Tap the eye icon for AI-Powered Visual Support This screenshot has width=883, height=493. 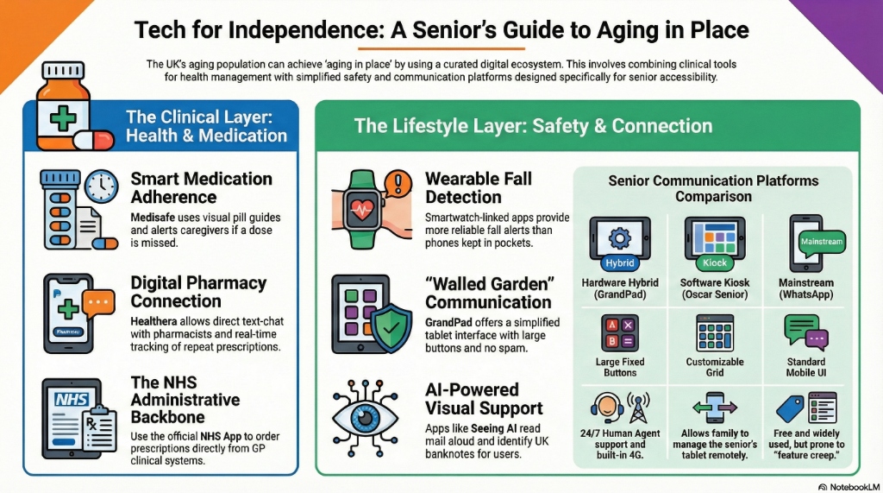[365, 414]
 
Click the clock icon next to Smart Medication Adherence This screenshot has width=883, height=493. [101, 187]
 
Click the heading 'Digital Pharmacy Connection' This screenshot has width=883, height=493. [198, 292]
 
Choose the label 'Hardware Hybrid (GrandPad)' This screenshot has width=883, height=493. [619, 288]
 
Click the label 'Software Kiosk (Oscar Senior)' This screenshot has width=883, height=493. [714, 288]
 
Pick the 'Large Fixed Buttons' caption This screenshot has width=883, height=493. [619, 367]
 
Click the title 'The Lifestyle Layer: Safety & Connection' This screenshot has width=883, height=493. [533, 126]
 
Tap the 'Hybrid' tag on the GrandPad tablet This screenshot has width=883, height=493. [619, 262]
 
